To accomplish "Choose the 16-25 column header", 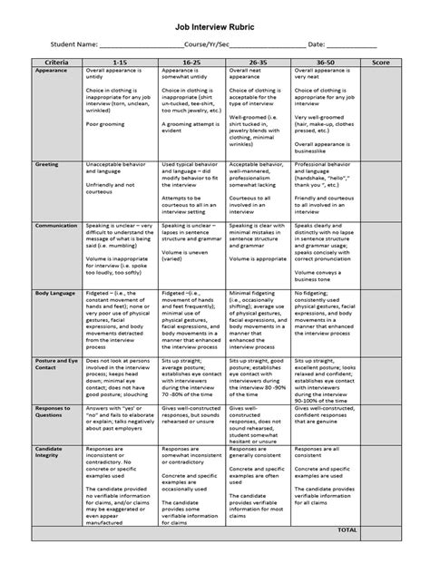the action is tap(191, 61).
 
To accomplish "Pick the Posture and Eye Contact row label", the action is tap(54, 364).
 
